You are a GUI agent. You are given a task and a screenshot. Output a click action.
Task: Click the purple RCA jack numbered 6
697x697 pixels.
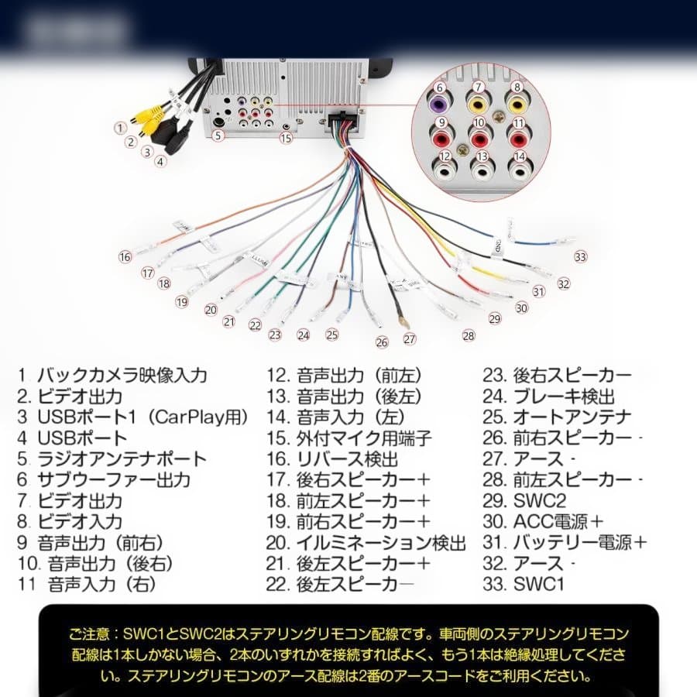click(439, 103)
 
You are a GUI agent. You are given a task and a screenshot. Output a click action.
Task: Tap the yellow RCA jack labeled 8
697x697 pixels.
click(517, 103)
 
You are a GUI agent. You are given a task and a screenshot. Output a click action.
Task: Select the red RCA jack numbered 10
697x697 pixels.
click(479, 139)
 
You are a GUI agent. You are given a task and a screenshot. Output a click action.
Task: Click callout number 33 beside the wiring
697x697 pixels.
click(580, 257)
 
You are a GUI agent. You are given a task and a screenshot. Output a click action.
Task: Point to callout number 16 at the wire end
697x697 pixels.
click(125, 257)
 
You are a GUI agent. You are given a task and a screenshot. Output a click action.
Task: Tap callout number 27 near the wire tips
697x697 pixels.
click(409, 338)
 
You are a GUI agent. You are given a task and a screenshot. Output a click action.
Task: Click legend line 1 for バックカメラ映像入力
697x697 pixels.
click(113, 376)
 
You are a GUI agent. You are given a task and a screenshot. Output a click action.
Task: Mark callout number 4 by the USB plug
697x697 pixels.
click(160, 162)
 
